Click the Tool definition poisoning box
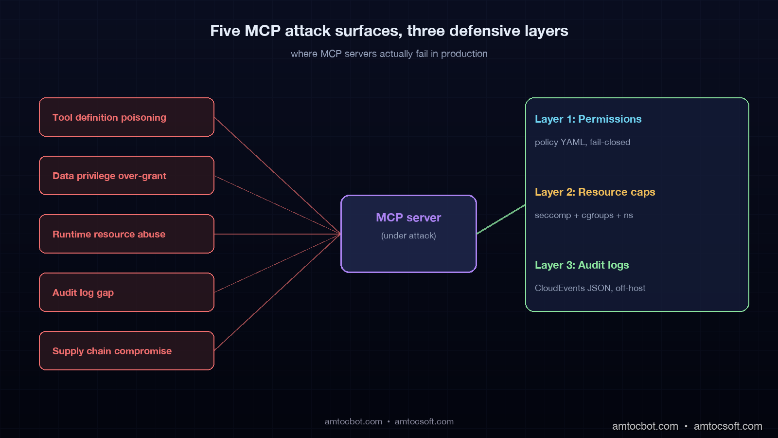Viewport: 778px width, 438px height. coord(126,117)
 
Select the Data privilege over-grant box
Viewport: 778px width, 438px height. coord(126,176)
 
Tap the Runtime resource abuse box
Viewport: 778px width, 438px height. coord(126,234)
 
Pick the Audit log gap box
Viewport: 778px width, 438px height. coord(126,292)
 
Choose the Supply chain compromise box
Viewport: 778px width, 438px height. coord(126,351)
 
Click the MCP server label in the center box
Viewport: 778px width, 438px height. coord(408,218)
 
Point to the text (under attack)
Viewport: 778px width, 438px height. coord(408,236)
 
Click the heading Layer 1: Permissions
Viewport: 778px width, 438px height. coord(588,119)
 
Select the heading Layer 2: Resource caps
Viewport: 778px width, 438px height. coord(595,192)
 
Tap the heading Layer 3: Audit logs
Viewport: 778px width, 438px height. coord(582,265)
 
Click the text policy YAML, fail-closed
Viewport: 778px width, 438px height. coord(582,142)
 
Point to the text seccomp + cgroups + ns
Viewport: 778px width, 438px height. coord(583,215)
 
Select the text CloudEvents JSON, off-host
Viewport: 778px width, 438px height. coord(590,288)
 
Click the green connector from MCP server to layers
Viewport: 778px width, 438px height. coord(501,219)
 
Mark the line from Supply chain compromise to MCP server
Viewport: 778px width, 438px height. coord(277,292)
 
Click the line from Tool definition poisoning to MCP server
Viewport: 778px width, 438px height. coord(277,176)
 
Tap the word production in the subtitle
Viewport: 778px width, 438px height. coord(464,54)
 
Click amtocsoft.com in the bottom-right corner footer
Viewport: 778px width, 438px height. coord(727,426)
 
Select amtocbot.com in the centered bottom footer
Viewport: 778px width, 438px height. coord(354,422)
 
